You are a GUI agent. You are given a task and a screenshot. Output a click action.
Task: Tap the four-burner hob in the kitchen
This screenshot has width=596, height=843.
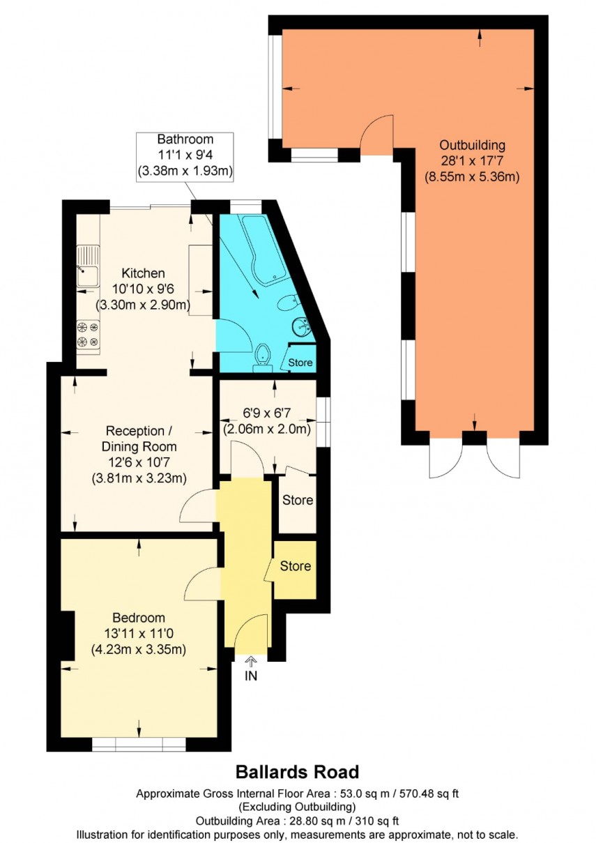point(88,333)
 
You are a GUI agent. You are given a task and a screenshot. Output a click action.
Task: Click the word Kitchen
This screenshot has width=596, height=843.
point(143,273)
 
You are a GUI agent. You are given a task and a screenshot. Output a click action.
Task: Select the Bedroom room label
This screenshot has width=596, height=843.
point(139,618)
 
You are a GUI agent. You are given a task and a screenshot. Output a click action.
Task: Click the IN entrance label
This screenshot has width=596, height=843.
point(251,676)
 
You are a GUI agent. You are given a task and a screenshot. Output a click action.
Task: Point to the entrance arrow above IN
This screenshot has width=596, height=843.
point(251,661)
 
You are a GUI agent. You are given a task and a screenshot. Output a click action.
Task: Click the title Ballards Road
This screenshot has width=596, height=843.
point(297,772)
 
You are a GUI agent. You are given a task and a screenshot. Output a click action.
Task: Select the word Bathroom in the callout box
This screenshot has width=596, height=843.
point(185,139)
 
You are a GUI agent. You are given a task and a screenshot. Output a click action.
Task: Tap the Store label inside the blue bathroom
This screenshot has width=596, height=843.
point(300,363)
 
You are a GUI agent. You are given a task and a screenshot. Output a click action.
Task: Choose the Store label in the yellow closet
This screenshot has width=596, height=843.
point(296,566)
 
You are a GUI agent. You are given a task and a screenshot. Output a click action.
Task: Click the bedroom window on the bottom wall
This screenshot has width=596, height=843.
point(139,745)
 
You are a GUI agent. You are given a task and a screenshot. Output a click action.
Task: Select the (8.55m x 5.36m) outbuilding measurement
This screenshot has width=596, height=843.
point(472,176)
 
